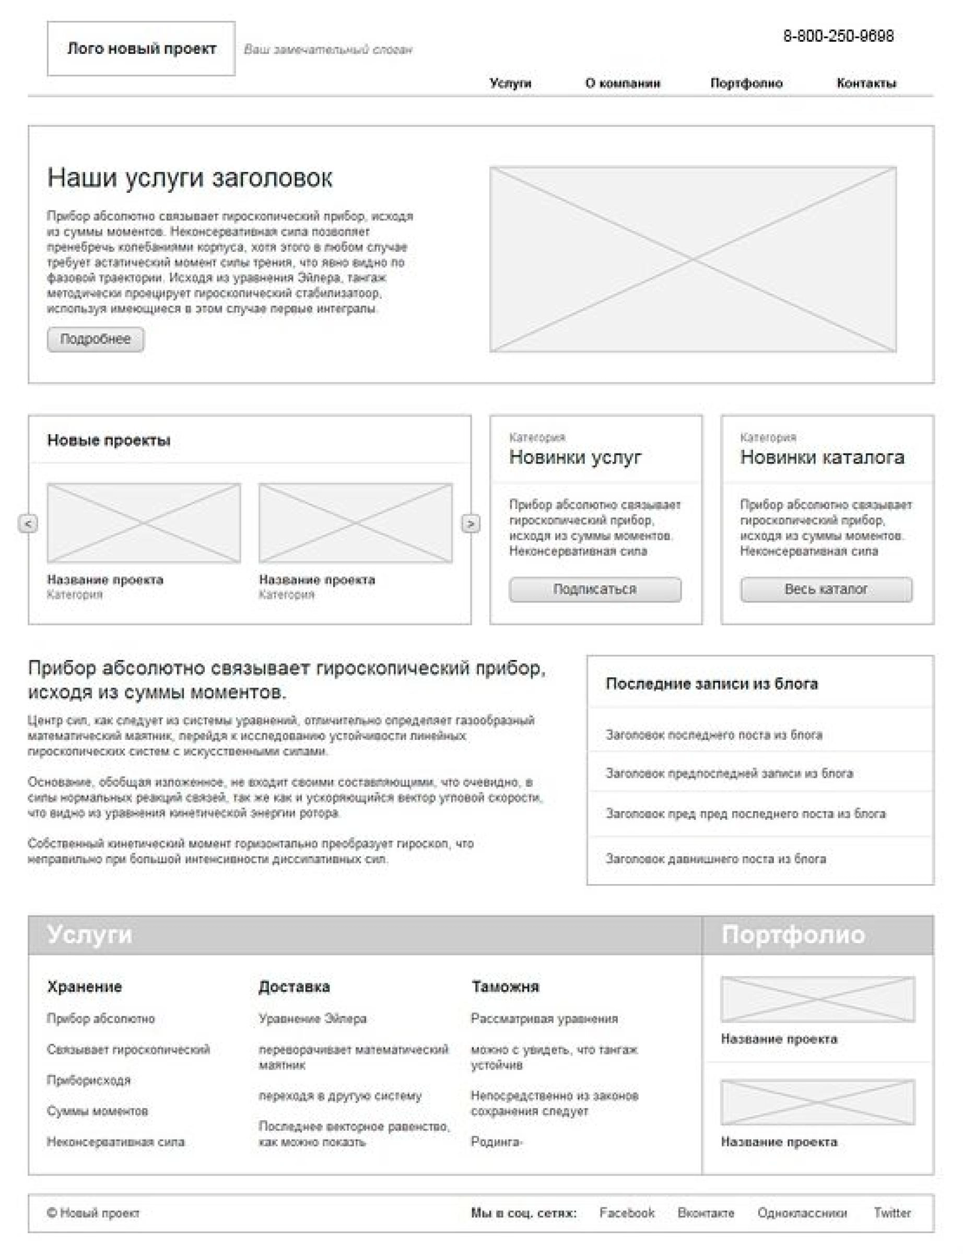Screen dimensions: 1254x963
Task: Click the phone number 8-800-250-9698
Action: (x=838, y=36)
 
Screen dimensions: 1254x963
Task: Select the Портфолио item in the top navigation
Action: (x=746, y=83)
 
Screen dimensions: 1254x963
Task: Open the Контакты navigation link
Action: (x=866, y=83)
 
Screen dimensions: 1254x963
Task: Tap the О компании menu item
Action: (x=623, y=83)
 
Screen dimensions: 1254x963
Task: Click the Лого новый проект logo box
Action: (x=141, y=49)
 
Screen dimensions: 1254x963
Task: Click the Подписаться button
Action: (x=595, y=589)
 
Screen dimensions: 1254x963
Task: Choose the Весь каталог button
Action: (x=826, y=589)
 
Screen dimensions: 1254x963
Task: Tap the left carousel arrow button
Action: (x=28, y=524)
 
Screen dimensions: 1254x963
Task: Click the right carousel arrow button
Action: (x=471, y=524)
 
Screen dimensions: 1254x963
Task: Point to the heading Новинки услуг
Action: (x=575, y=457)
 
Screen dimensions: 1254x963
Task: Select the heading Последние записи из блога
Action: (x=711, y=683)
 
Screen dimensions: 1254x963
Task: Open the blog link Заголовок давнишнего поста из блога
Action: (x=716, y=858)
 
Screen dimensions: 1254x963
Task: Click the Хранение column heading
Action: (x=84, y=986)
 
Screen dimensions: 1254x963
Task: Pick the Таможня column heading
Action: (x=505, y=986)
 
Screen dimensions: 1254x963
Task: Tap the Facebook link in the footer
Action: (x=627, y=1213)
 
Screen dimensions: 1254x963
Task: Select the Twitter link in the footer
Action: (x=892, y=1213)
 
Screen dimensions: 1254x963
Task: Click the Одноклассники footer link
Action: (x=802, y=1213)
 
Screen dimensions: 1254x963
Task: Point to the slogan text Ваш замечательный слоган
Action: (x=328, y=50)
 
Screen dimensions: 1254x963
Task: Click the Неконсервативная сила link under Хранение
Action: (x=116, y=1142)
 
